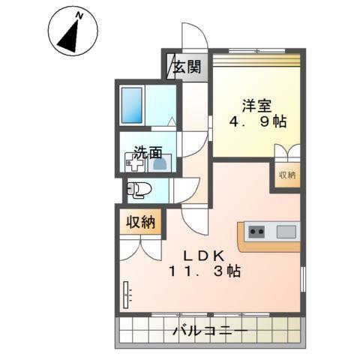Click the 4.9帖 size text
pos(255,122)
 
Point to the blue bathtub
pos(132,105)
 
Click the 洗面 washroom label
pos(148,151)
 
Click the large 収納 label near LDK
pos(140,222)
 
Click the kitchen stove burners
pos(256,231)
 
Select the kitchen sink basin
pos(286,231)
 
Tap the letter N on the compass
pos(80,14)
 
